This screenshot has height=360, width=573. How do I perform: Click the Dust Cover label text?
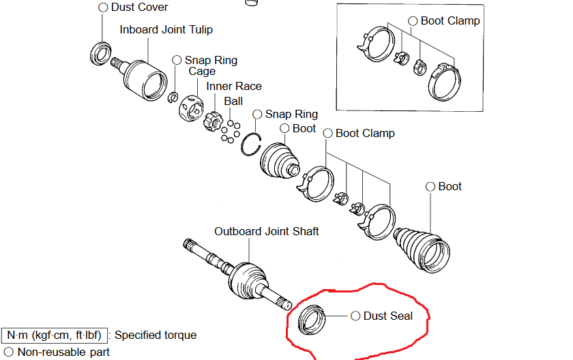point(139,7)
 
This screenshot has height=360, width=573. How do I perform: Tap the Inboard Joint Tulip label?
point(166,30)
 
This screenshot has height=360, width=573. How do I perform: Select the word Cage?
point(202,72)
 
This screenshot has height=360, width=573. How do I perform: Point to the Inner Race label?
point(234,87)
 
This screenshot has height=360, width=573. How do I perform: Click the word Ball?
point(233,101)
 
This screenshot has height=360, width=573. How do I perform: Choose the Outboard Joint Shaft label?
point(267,232)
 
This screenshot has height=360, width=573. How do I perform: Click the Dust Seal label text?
point(388,316)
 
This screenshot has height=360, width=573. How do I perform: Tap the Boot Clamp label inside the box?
point(450,21)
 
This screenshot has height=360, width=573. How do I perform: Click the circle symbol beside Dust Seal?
point(355,316)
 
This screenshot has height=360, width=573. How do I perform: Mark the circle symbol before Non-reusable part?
point(8,352)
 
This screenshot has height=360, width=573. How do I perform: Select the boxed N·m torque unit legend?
point(54,335)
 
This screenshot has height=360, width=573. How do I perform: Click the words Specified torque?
point(156,335)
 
